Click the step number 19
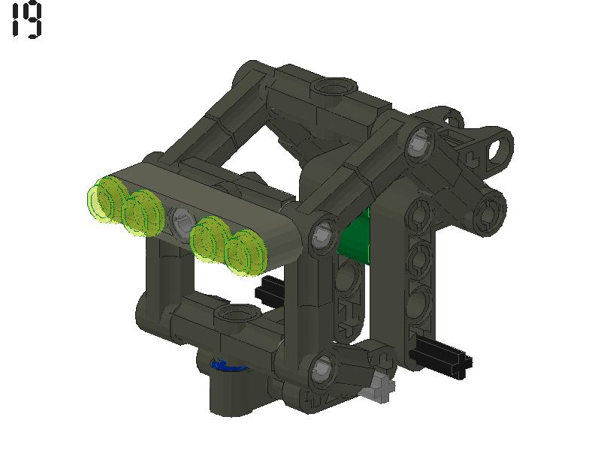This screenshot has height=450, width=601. click(26, 21)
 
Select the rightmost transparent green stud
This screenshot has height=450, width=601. click(245, 251)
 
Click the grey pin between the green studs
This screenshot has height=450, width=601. click(180, 221)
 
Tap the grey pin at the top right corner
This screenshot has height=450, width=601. click(418, 143)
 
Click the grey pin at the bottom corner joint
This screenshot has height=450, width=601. click(322, 367)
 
